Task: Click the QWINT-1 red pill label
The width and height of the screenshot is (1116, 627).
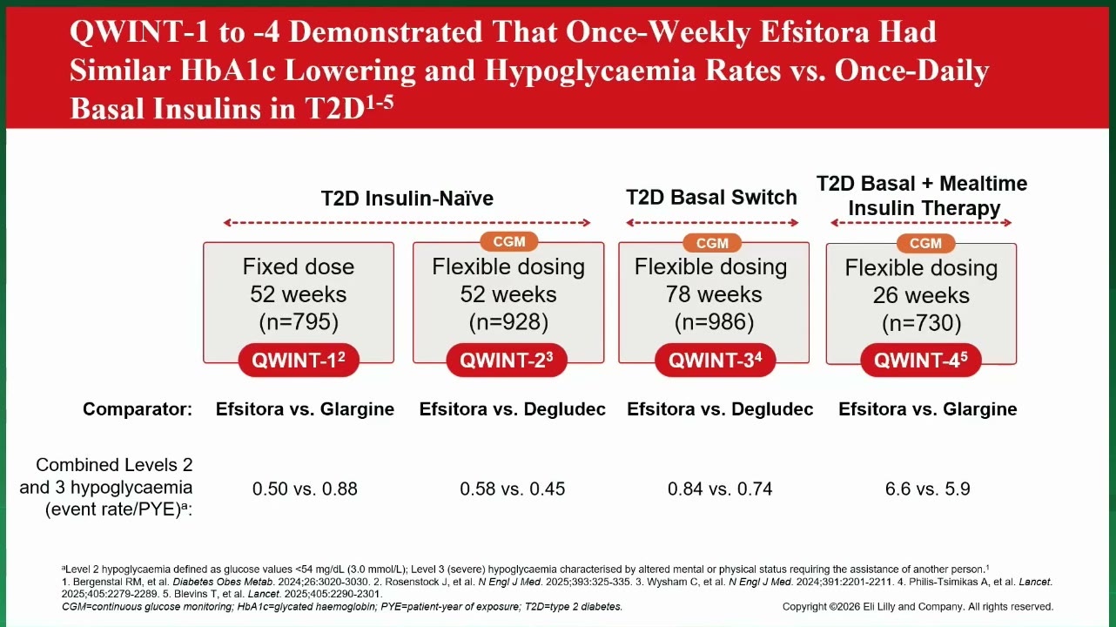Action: (299, 360)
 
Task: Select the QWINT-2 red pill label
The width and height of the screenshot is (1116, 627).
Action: (507, 360)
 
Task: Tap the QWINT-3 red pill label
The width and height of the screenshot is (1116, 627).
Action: (715, 360)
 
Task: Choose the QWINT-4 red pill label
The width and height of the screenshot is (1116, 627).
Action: (921, 360)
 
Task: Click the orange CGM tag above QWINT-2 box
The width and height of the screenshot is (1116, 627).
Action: (508, 242)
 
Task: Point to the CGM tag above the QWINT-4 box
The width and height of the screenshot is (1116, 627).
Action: (925, 243)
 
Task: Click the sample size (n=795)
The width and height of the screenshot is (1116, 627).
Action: (299, 322)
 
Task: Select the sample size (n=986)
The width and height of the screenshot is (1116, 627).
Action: (714, 322)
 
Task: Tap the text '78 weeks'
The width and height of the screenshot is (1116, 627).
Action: (714, 294)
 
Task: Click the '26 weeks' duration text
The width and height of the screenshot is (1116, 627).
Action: (921, 295)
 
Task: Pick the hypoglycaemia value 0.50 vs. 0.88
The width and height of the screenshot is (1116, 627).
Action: (305, 489)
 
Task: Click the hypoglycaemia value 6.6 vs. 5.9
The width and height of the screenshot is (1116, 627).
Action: (928, 489)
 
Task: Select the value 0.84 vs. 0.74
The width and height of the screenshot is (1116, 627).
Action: (720, 489)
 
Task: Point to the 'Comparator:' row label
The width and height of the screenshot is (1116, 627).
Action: (138, 409)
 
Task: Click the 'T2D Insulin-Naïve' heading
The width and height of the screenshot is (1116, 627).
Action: (407, 199)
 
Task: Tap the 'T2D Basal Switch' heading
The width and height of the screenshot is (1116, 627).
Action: (711, 198)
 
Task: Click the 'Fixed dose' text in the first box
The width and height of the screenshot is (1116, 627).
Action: (299, 266)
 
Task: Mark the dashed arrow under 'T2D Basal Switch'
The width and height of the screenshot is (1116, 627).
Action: (712, 223)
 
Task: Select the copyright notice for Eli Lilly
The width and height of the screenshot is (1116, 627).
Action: (918, 607)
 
